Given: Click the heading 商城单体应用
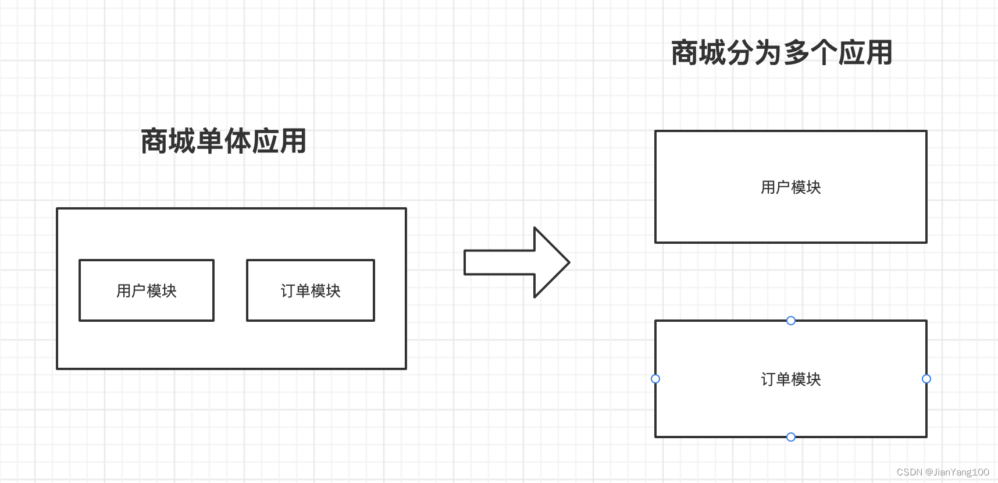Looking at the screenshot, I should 224,141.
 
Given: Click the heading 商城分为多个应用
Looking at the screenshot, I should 782,53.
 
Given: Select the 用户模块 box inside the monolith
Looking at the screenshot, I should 147,290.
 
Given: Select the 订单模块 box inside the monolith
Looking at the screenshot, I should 311,290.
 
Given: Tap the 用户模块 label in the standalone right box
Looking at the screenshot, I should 790,187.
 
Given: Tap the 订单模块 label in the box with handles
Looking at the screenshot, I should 790,379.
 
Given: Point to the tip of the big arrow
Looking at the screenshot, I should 568,262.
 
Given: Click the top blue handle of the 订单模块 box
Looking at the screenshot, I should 791,321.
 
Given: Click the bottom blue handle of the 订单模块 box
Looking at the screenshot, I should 791,437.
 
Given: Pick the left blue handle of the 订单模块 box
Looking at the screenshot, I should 655,379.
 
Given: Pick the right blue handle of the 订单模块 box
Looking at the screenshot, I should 926,379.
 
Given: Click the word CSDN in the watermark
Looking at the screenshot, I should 909,472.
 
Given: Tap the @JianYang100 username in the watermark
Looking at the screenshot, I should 957,472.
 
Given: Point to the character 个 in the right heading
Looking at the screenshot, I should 824,53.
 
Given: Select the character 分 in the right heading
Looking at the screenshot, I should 740,53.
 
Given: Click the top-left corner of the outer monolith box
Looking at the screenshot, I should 57,208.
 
